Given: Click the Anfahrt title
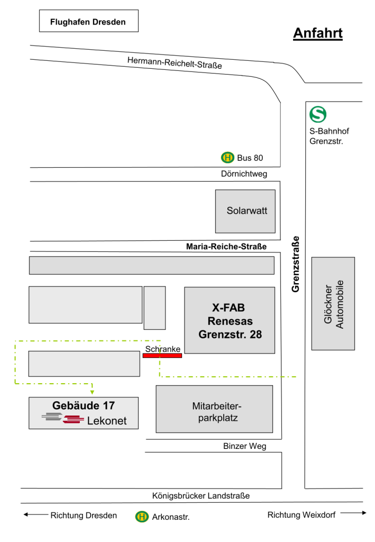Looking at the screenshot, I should click(318, 33).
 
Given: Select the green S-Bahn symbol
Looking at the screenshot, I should click(318, 114).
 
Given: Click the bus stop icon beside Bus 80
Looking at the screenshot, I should click(227, 157).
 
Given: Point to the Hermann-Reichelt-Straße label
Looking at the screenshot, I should click(174, 63).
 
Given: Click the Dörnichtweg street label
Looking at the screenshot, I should click(244, 174).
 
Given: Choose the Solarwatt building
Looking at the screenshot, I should click(245, 211).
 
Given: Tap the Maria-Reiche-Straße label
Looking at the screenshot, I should click(226, 247).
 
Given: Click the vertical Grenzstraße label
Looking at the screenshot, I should click(296, 264).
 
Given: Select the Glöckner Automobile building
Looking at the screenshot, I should click(333, 303).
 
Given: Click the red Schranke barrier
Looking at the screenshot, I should click(162, 356).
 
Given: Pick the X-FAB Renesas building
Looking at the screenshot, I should click(230, 320).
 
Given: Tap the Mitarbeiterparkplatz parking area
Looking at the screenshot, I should click(214, 409).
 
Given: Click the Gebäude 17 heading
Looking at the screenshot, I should click(84, 405).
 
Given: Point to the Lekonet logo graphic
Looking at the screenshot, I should click(63, 419).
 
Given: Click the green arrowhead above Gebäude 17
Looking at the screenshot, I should click(92, 392).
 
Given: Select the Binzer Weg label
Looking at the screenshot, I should click(244, 446).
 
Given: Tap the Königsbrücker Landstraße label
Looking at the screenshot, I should click(200, 496).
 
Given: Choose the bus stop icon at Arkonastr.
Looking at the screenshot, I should click(142, 517).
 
